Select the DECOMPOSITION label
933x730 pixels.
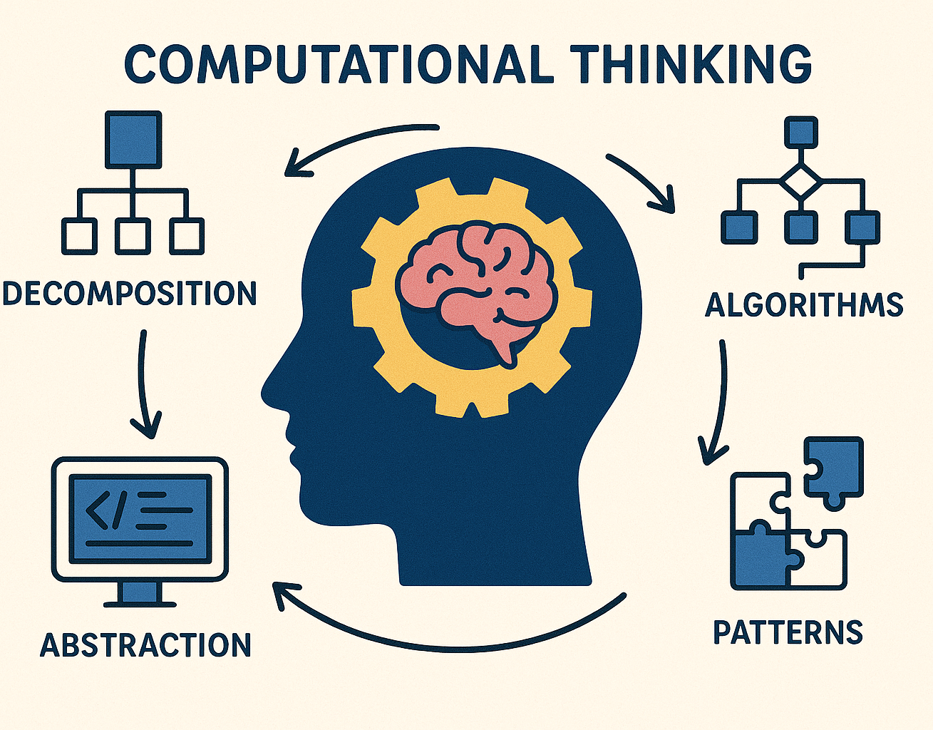click(x=129, y=294)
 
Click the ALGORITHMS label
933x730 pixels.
click(x=804, y=304)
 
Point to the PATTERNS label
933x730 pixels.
click(x=788, y=632)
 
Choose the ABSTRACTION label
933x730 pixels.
click(x=145, y=645)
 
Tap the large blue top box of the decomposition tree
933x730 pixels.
click(x=133, y=139)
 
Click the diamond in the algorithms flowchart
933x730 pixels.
click(x=800, y=182)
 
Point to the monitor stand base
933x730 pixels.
click(x=140, y=603)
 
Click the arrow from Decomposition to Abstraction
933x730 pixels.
click(x=144, y=385)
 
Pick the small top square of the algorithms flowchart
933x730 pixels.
click(x=800, y=133)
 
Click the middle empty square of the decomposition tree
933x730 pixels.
click(x=133, y=235)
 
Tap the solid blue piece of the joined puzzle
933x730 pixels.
click(x=757, y=560)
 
